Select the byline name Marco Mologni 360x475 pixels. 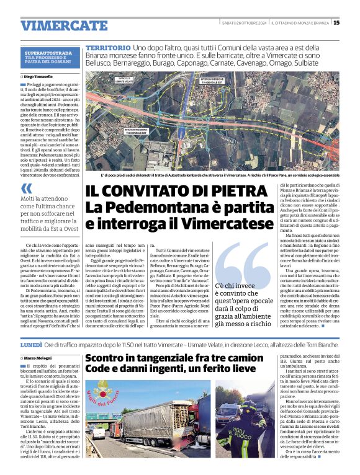(x=38, y=358)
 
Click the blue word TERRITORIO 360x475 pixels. (x=107, y=48)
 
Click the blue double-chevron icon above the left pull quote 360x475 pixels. (x=25, y=188)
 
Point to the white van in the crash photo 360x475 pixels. (x=99, y=432)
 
